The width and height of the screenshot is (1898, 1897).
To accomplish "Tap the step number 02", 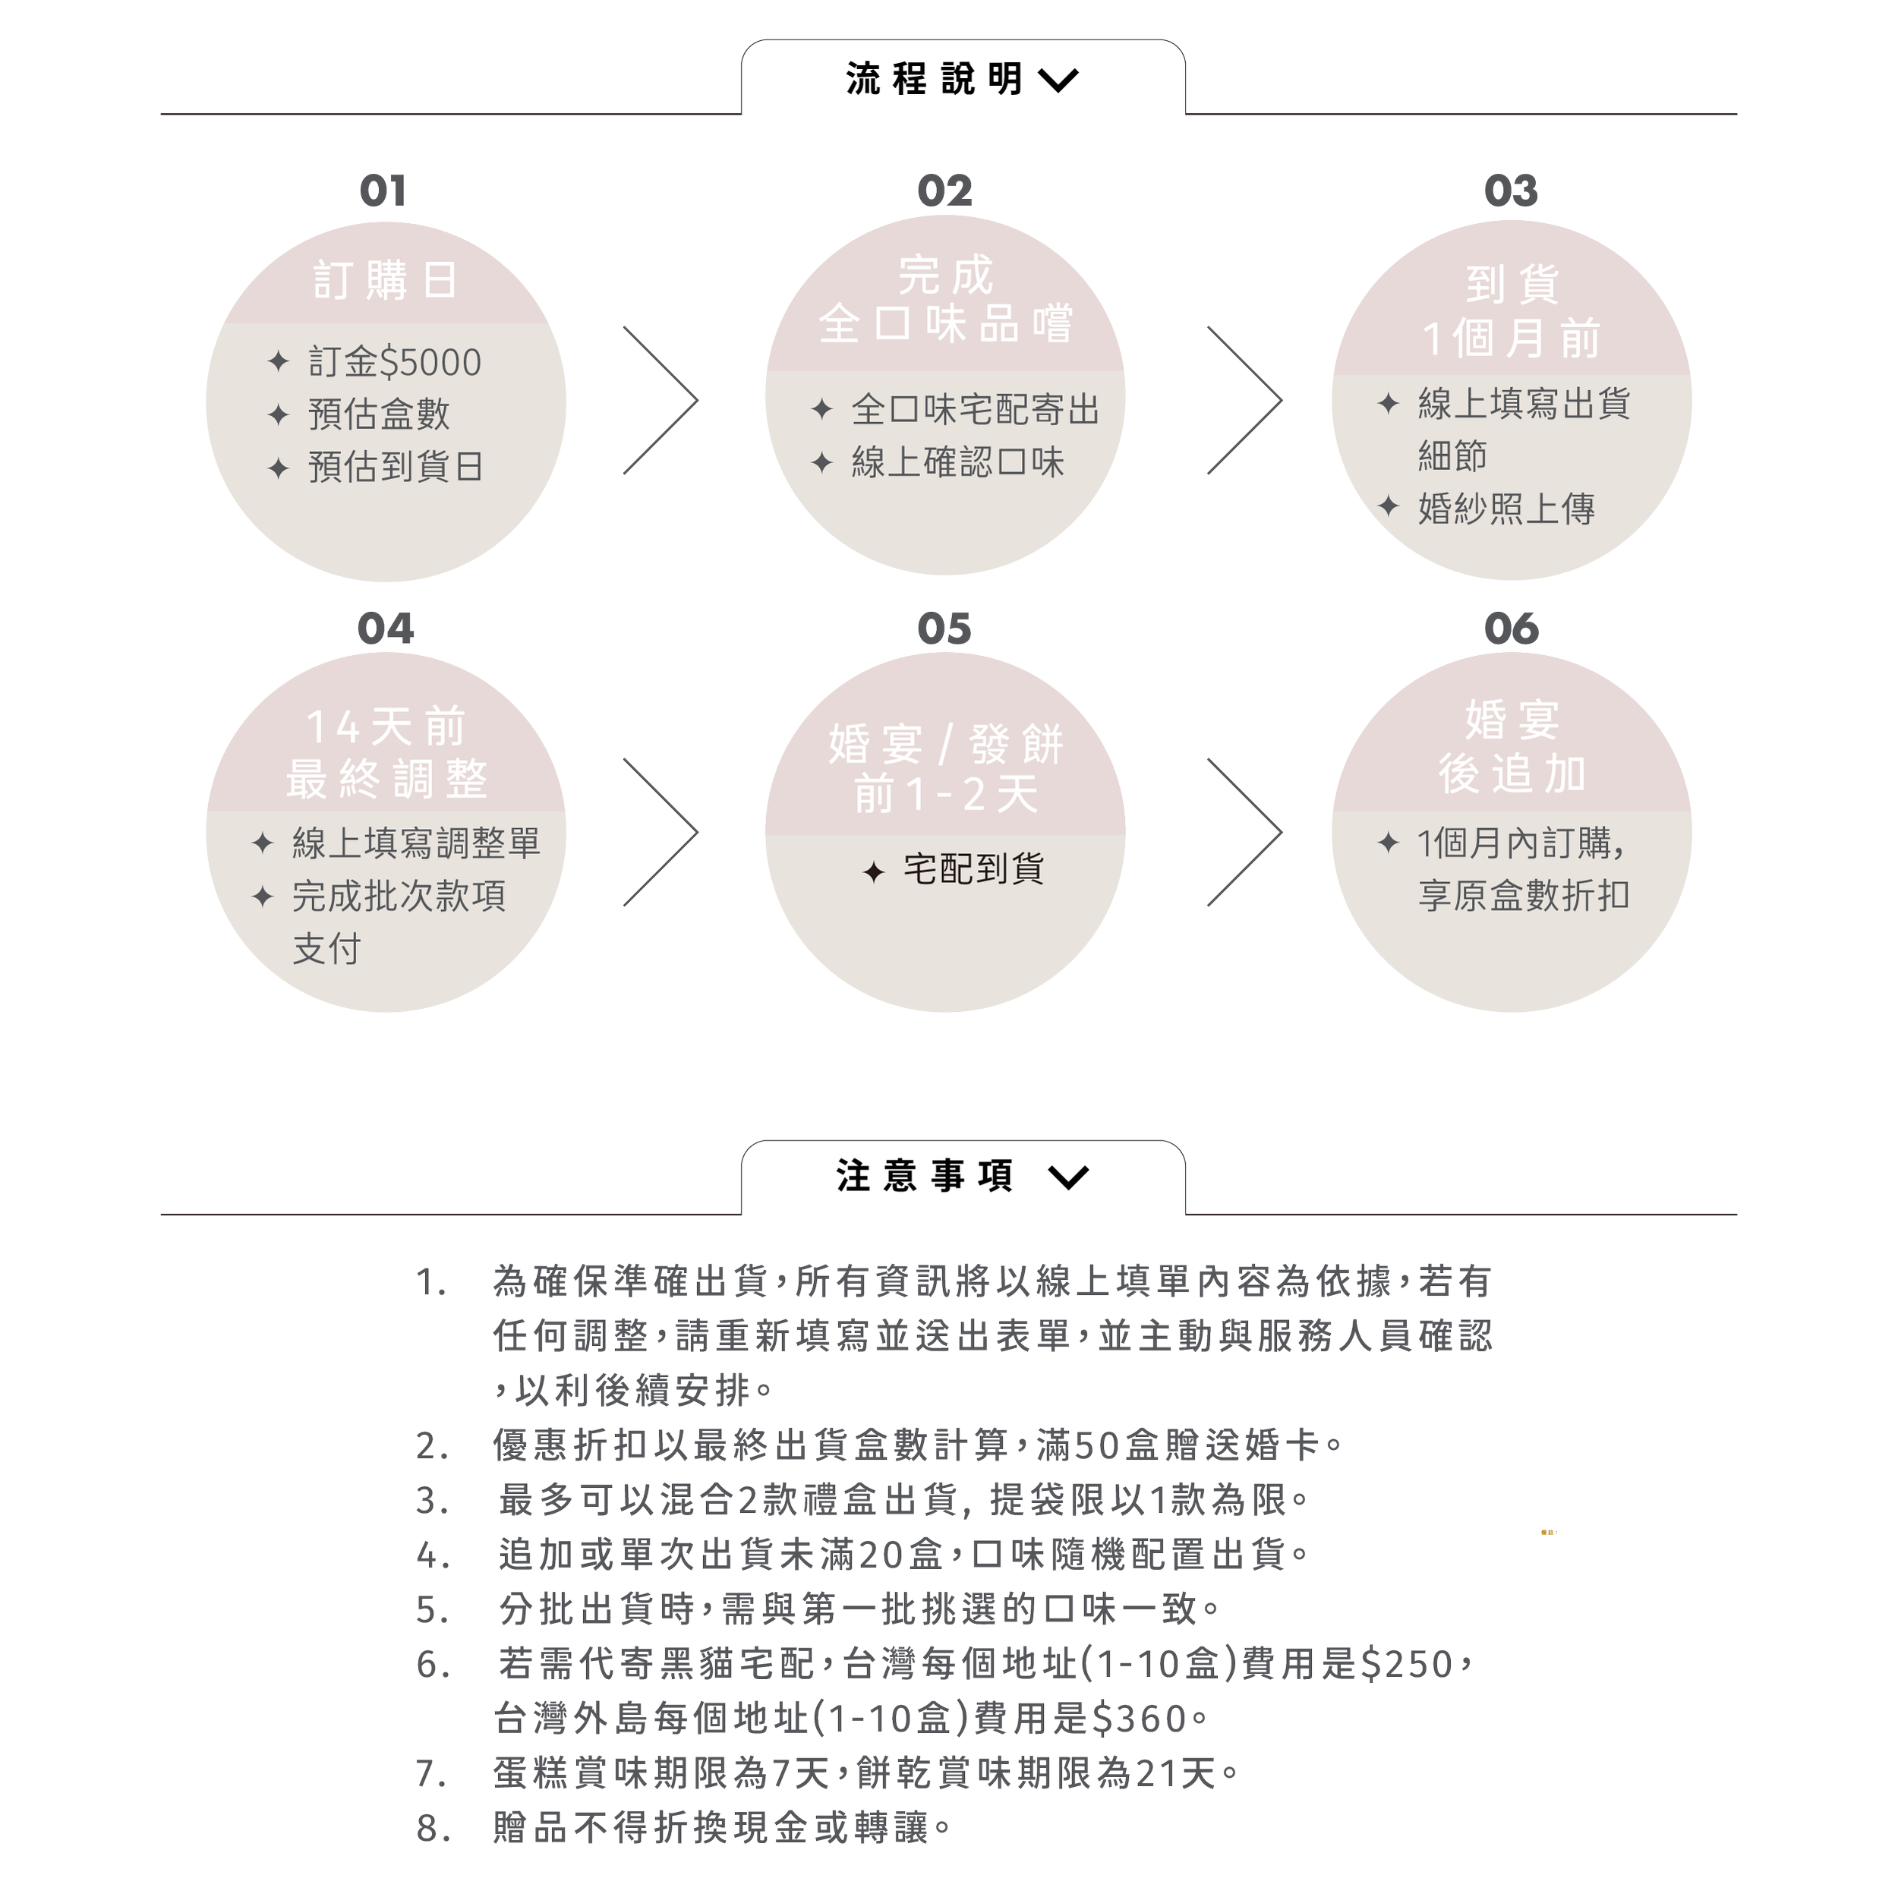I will pyautogui.click(x=944, y=191).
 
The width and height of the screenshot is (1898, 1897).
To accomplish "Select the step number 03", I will pyautogui.click(x=1511, y=191).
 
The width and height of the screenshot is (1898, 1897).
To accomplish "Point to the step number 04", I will pyautogui.click(x=385, y=629).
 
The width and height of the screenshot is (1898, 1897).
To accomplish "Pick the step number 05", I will pyautogui.click(x=944, y=629).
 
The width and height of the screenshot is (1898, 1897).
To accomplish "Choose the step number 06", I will pyautogui.click(x=1512, y=629).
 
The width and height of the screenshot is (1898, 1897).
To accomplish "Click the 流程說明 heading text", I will pyautogui.click(x=933, y=80).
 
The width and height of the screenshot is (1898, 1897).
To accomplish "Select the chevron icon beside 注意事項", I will pyautogui.click(x=1068, y=1177).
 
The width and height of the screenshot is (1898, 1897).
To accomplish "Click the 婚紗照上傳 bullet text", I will pyautogui.click(x=1506, y=509).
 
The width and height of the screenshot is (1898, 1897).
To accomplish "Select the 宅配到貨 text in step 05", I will pyautogui.click(x=973, y=869).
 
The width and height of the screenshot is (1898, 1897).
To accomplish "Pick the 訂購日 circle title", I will pyautogui.click(x=385, y=281).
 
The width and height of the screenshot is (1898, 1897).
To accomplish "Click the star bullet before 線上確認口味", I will pyautogui.click(x=821, y=463).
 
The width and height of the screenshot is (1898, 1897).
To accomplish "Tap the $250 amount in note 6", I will pyautogui.click(x=1407, y=1664).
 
